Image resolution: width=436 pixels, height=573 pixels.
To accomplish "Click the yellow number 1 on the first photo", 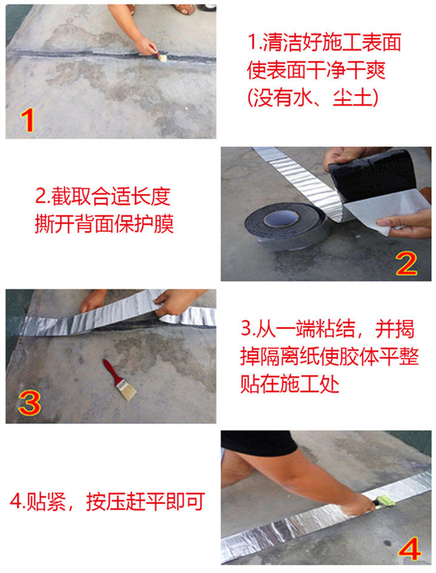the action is pyautogui.click(x=27, y=120).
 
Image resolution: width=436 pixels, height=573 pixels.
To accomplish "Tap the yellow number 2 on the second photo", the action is pyautogui.click(x=406, y=263).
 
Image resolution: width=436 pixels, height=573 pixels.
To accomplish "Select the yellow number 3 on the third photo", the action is pyautogui.click(x=29, y=403).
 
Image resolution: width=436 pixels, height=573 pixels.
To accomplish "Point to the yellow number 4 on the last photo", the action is pyautogui.click(x=409, y=549).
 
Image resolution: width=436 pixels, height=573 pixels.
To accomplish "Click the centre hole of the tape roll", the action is pyautogui.click(x=281, y=219).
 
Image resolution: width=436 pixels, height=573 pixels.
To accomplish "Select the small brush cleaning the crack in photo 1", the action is pyautogui.click(x=161, y=57).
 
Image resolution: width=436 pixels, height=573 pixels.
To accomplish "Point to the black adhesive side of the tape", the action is pyautogui.click(x=373, y=174).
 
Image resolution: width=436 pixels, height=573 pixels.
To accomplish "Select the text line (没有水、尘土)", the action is pyautogui.click(x=313, y=97).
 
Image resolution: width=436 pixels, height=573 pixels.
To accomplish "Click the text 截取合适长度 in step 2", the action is pyautogui.click(x=111, y=196).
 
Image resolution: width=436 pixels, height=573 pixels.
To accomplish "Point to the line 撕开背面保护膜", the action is pyautogui.click(x=104, y=223).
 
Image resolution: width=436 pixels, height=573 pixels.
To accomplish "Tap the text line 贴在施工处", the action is pyautogui.click(x=290, y=384).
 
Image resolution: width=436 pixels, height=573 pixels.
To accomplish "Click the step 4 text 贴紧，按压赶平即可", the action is pyautogui.click(x=108, y=501).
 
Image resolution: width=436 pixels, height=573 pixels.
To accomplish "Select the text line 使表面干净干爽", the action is pyautogui.click(x=316, y=70).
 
